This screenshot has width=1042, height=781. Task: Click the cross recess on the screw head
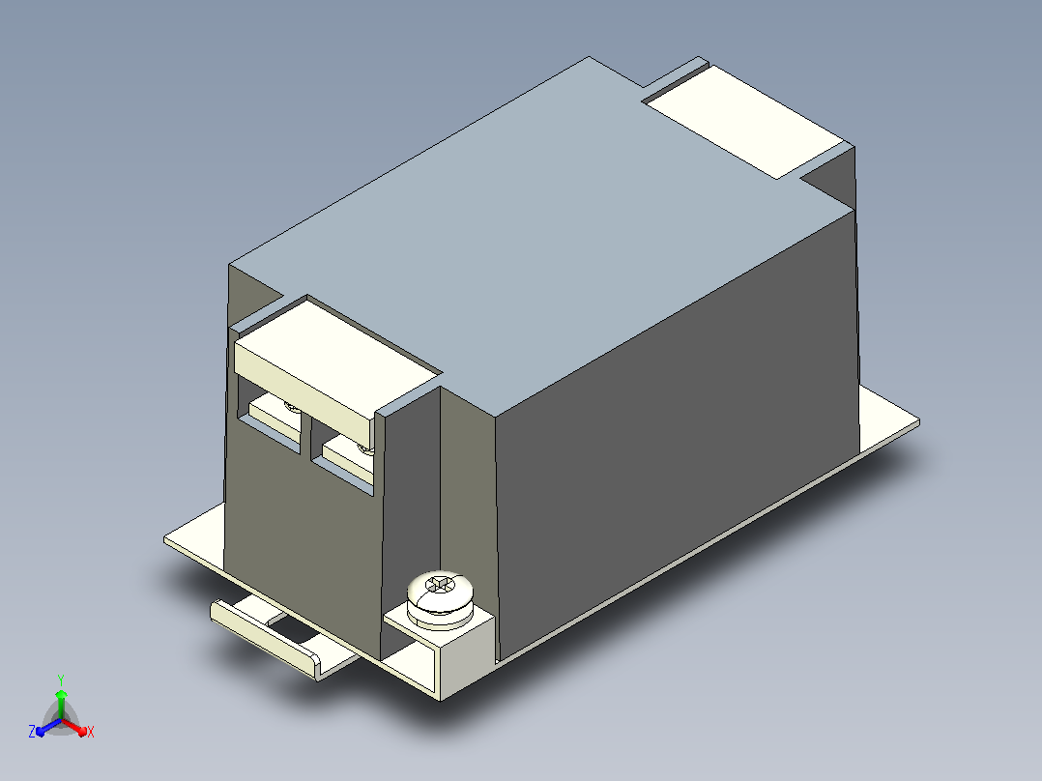pyautogui.click(x=439, y=585)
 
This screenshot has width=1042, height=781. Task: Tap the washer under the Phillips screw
pyautogui.click(x=440, y=615)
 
